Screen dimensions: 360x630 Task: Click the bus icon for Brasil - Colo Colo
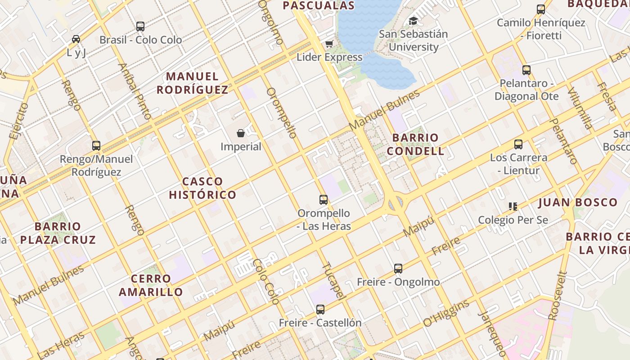tap(140, 27)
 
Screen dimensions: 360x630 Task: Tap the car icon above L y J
tap(76, 39)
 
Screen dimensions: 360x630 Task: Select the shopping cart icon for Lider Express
tap(329, 44)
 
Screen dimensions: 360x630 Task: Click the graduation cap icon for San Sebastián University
tap(413, 21)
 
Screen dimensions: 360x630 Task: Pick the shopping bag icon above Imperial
tap(241, 133)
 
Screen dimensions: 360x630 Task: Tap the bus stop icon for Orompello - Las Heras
tap(323, 200)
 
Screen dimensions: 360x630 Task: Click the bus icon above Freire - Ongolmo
tap(398, 269)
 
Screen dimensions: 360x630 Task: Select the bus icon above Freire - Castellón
tap(320, 310)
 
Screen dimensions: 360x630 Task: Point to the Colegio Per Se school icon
tap(513, 207)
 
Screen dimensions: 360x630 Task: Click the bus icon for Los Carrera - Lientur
tap(518, 144)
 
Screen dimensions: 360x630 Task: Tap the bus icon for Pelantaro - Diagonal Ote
tap(526, 70)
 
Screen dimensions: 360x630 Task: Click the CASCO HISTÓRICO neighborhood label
tap(202, 188)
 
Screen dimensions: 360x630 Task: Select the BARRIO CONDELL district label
tap(415, 144)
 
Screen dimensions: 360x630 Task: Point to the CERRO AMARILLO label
tap(151, 285)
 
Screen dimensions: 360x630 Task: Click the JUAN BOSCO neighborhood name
tap(578, 202)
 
